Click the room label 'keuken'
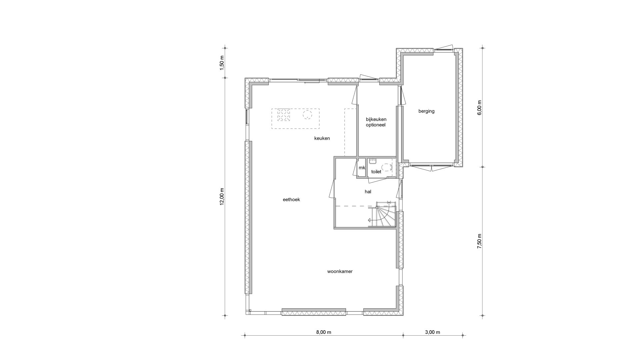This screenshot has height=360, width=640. [x=322, y=138]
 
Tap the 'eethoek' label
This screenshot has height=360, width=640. [x=291, y=200]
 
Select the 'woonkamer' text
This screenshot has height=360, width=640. [x=340, y=271]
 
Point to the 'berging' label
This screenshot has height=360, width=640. [x=426, y=111]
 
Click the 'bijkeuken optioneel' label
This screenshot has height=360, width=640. [x=376, y=122]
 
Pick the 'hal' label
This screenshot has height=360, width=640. [x=368, y=192]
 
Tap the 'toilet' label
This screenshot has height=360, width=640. [x=376, y=172]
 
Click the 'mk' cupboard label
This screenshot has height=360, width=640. [x=362, y=168]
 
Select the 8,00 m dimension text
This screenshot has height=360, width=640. [x=324, y=332]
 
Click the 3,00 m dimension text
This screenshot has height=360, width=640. [x=433, y=332]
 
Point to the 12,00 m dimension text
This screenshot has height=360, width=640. [x=222, y=197]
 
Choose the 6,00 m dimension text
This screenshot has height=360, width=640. [x=479, y=108]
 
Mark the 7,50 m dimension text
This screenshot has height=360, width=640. [x=479, y=241]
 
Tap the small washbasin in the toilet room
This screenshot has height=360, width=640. [x=373, y=161]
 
